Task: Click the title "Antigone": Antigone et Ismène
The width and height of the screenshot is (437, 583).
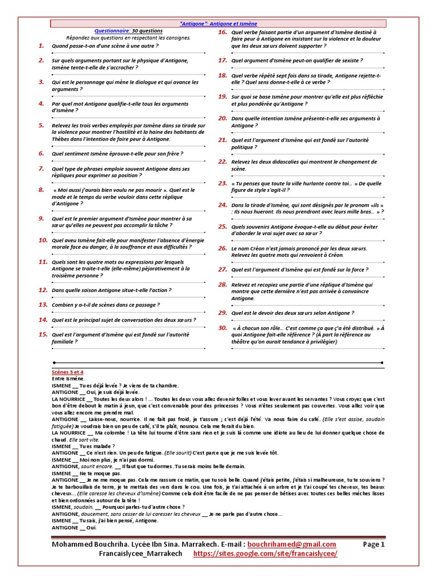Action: coord(218,24)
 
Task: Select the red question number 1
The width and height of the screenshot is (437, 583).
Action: coord(42,45)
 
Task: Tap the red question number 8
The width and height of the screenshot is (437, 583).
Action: coord(42,190)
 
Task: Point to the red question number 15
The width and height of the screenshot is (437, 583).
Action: coord(43,334)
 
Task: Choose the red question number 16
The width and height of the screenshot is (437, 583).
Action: coord(222,32)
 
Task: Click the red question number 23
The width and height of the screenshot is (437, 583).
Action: coord(222,183)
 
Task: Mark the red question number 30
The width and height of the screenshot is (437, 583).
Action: coord(222,329)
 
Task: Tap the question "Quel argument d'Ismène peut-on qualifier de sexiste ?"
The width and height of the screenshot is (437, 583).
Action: coord(296,60)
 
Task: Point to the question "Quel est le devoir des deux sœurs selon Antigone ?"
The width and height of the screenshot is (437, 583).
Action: coord(292,313)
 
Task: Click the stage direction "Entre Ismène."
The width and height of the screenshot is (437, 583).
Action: coord(68,379)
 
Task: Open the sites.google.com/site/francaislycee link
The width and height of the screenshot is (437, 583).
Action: coord(265,553)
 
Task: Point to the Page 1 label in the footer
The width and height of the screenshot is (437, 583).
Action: coord(374,544)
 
